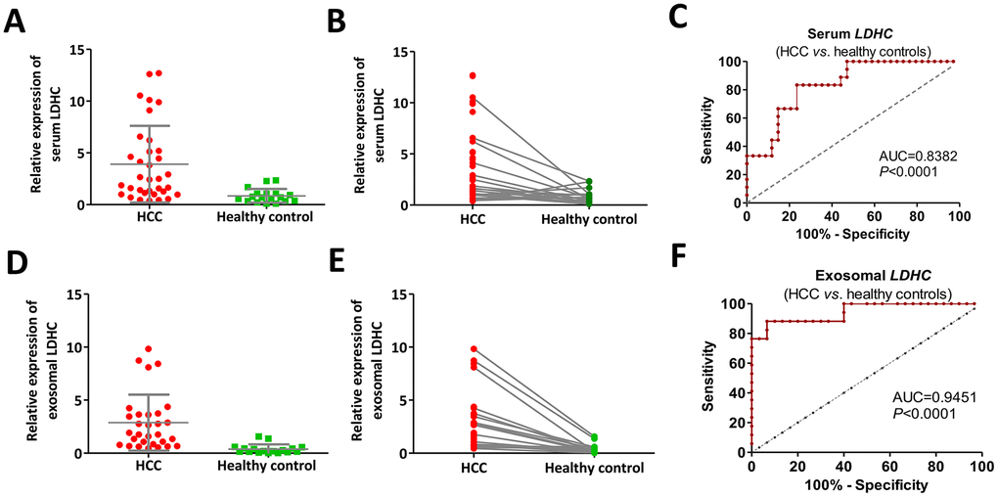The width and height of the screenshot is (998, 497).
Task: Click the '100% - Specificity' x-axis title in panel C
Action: click(850, 236)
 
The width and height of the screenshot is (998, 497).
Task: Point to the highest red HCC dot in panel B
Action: click(473, 75)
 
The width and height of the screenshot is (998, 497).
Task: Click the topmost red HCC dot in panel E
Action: click(473, 349)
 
